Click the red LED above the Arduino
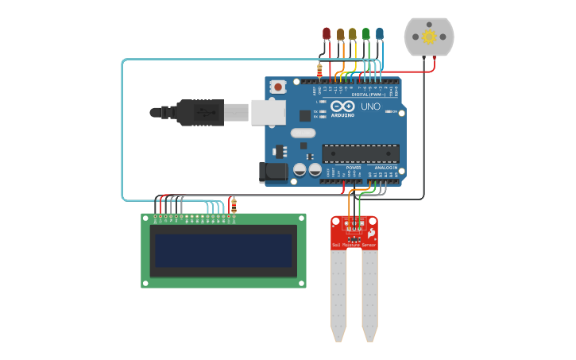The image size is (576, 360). point(326,33)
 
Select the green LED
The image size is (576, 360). point(365,33)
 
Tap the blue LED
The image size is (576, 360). point(379,33)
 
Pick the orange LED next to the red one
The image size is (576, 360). point(340,33)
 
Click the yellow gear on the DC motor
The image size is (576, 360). point(429,37)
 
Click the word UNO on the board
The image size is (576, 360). point(371,106)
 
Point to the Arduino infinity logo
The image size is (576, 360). point(343,106)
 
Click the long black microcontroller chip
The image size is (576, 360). point(360,153)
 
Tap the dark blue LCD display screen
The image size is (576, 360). point(223,250)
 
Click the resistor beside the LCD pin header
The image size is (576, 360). point(234,206)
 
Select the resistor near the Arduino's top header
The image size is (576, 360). point(319,71)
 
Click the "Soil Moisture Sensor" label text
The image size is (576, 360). point(354,246)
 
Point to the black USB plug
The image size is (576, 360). point(191,113)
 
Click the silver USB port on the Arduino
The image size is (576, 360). point(268,112)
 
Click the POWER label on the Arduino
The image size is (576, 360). point(354,168)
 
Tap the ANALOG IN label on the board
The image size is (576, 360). point(386,168)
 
